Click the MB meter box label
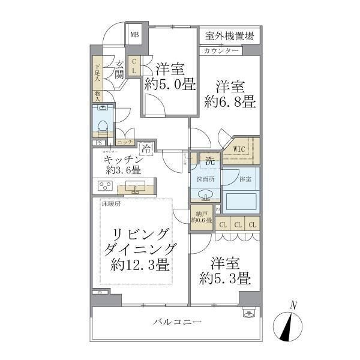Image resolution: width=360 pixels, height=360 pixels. point(134,34)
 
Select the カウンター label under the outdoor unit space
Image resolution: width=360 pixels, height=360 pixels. point(221,50)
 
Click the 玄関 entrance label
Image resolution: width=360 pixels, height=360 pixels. point(120,70)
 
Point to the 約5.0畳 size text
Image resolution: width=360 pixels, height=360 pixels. point(170,85)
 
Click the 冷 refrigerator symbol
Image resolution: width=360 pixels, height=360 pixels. point(146,149)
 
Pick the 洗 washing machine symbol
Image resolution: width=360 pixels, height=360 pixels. point(210,161)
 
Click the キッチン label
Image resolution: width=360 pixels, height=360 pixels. point(124,160)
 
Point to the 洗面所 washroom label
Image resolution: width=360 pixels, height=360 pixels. point(202,178)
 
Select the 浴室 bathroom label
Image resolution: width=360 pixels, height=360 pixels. point(246,178)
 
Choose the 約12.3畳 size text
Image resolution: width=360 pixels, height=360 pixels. point(140,265)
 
